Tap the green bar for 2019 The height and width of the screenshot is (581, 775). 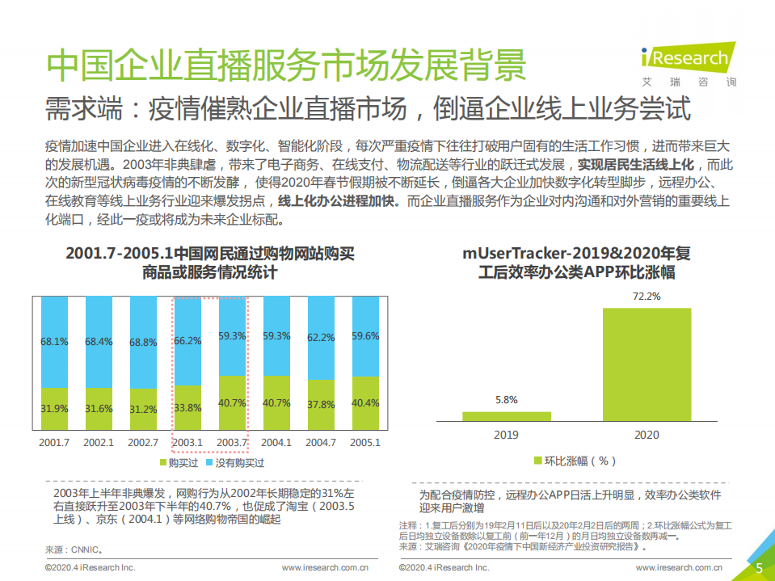[506, 416]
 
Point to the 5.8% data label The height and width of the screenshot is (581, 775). [506, 399]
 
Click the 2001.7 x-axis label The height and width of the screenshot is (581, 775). [54, 442]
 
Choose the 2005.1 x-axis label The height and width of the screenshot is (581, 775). [364, 442]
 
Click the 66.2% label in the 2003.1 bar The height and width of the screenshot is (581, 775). [187, 341]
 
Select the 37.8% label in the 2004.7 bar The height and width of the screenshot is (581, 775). [320, 404]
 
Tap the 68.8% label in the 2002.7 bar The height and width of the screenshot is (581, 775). [143, 342]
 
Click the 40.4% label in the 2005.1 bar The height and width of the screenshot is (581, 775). [364, 402]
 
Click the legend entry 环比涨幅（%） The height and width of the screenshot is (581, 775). [575, 461]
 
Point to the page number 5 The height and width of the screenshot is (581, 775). [759, 568]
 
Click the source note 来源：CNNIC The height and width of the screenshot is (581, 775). [74, 549]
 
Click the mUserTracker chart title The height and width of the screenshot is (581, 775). [576, 263]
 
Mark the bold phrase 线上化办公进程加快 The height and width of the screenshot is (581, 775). [338, 201]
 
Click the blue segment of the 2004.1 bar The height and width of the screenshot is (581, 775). [276, 337]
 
